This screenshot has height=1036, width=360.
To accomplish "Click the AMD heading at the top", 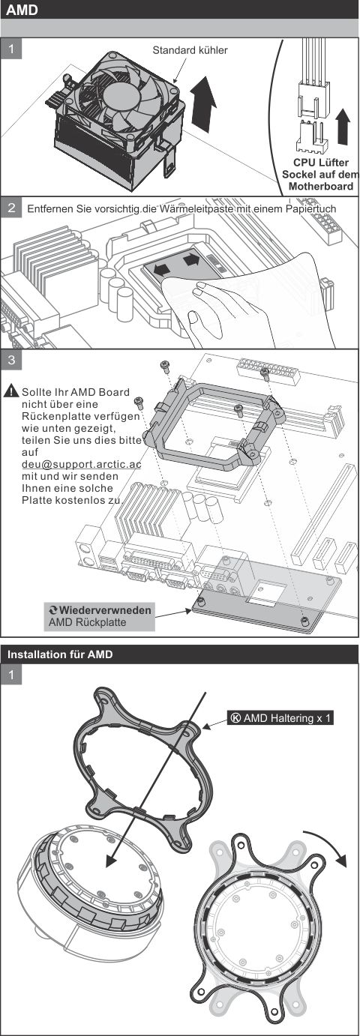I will coord(22,10).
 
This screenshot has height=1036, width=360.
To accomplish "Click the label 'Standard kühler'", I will coord(190,50).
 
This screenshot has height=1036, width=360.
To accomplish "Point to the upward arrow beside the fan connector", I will coord(344,125).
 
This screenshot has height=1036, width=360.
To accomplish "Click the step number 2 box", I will coord(12,208).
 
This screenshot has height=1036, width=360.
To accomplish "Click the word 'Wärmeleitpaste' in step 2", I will coord(193,209).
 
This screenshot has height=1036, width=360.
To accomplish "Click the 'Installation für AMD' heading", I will coord(60,654).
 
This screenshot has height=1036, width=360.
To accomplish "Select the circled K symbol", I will coord(235,717).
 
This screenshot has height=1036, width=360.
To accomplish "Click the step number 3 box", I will coord(12,360).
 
